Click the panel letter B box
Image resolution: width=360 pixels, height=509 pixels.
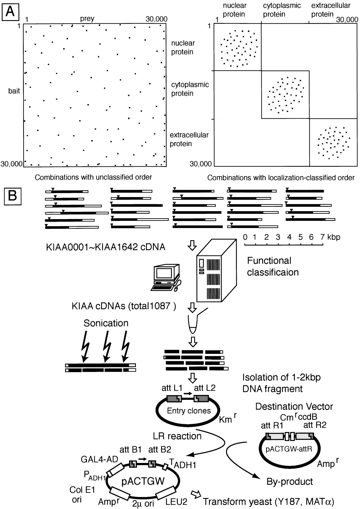(x=12, y=195)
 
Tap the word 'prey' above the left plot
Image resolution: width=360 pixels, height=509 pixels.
(x=87, y=19)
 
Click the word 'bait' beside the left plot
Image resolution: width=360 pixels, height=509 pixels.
(x=14, y=91)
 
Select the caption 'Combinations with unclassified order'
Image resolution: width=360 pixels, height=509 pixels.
(x=93, y=177)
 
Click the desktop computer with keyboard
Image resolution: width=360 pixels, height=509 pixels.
(x=166, y=277)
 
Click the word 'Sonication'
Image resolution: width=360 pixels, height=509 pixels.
(x=106, y=323)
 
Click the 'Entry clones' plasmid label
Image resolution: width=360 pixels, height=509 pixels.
(x=189, y=411)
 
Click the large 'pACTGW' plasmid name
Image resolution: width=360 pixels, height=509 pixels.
(x=143, y=481)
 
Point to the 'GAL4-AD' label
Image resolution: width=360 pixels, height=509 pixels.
(x=99, y=460)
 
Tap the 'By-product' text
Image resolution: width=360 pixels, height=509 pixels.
(x=290, y=481)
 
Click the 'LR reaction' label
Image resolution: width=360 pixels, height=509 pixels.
(x=177, y=436)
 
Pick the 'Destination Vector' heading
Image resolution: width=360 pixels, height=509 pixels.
(x=294, y=407)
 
